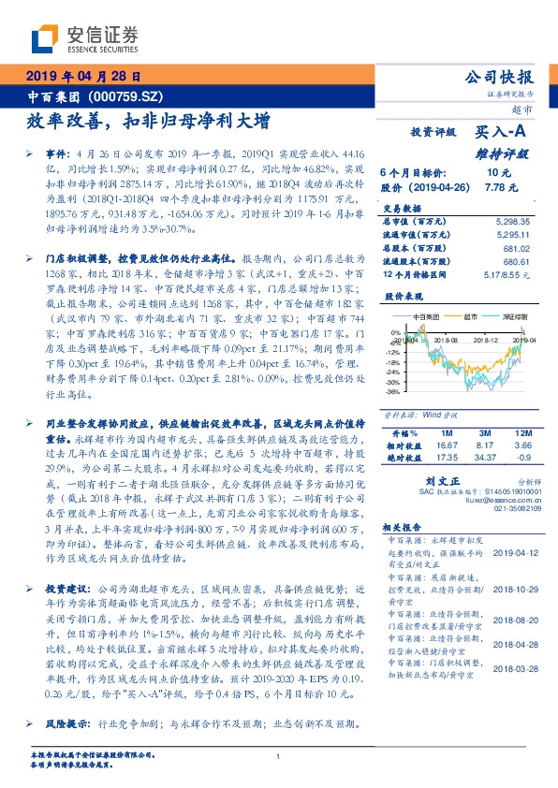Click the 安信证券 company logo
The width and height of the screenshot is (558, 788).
pyautogui.click(x=85, y=39)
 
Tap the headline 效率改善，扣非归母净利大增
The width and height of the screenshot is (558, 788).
pyautogui.click(x=147, y=121)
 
